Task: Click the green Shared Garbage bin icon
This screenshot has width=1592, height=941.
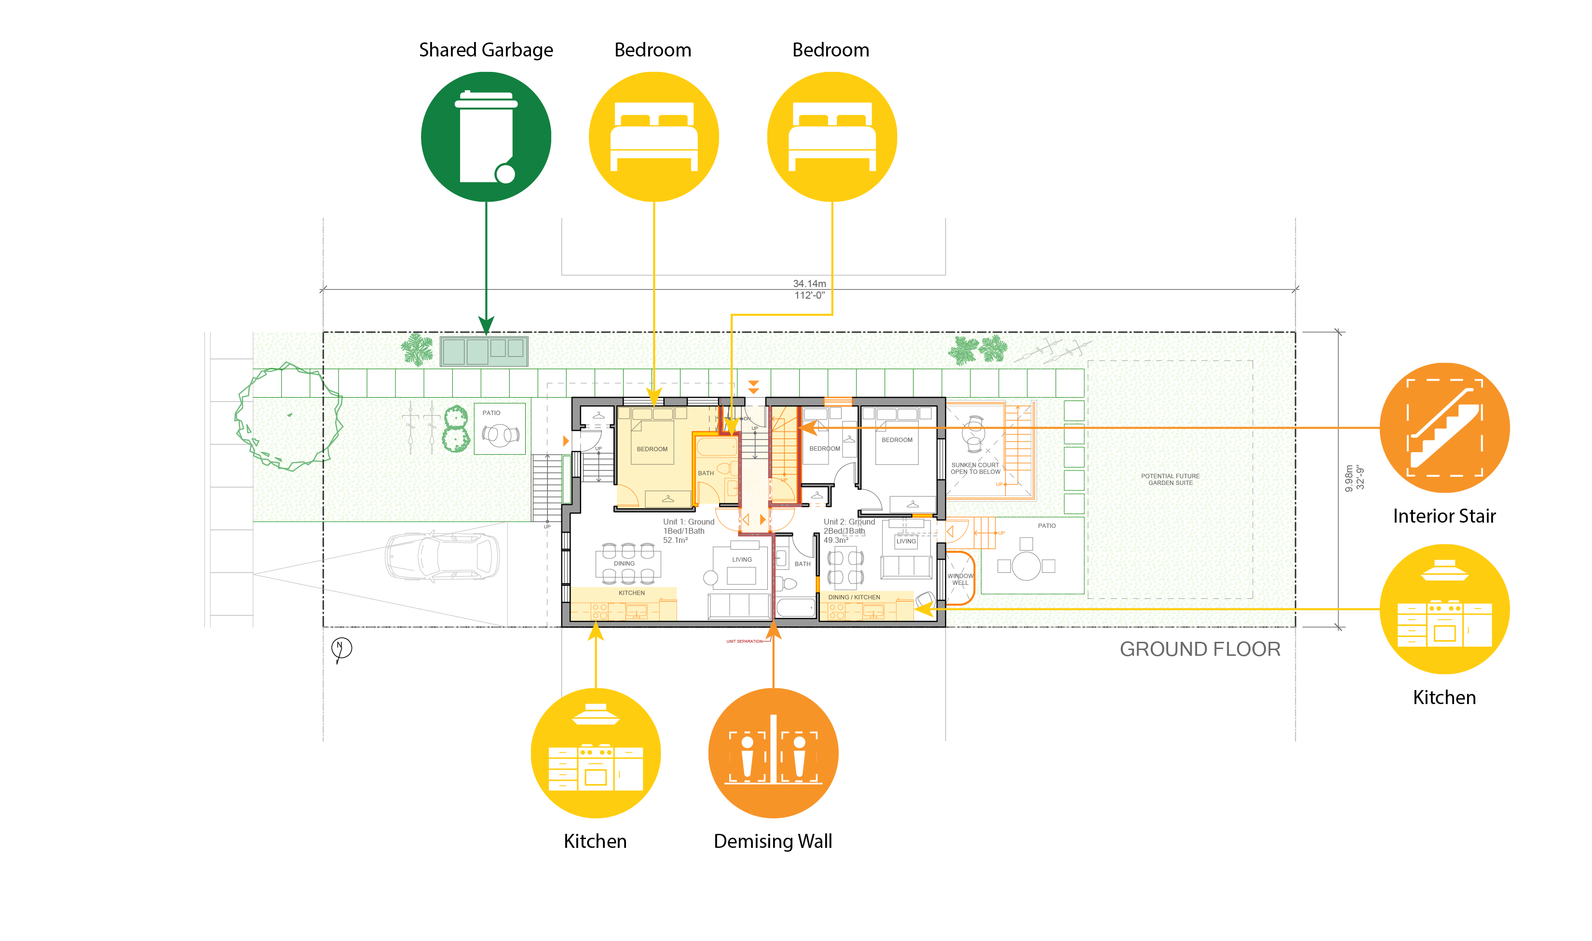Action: (x=486, y=137)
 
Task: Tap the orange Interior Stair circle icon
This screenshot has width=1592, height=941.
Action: (x=1444, y=428)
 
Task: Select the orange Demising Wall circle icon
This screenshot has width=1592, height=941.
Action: (x=773, y=753)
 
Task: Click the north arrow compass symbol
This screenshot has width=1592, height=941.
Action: (x=341, y=648)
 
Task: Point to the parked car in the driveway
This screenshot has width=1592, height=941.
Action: (x=442, y=556)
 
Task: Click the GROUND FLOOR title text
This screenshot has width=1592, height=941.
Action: (x=1200, y=650)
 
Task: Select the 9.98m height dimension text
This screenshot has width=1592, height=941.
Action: (x=1350, y=478)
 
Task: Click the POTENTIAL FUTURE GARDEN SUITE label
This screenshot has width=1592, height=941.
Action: (x=1170, y=479)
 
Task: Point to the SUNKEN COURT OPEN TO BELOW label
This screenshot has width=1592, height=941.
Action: (x=975, y=469)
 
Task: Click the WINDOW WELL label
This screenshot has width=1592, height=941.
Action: (x=960, y=580)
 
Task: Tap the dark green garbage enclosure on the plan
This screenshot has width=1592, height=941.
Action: (x=484, y=351)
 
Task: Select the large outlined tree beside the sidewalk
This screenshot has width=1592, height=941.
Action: (x=288, y=416)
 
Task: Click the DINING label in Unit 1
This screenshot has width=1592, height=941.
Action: (x=624, y=564)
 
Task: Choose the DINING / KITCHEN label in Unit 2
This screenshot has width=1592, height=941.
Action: (x=854, y=597)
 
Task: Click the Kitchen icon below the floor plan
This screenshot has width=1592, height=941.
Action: (x=595, y=753)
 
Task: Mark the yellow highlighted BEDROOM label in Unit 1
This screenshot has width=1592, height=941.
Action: (x=652, y=449)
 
